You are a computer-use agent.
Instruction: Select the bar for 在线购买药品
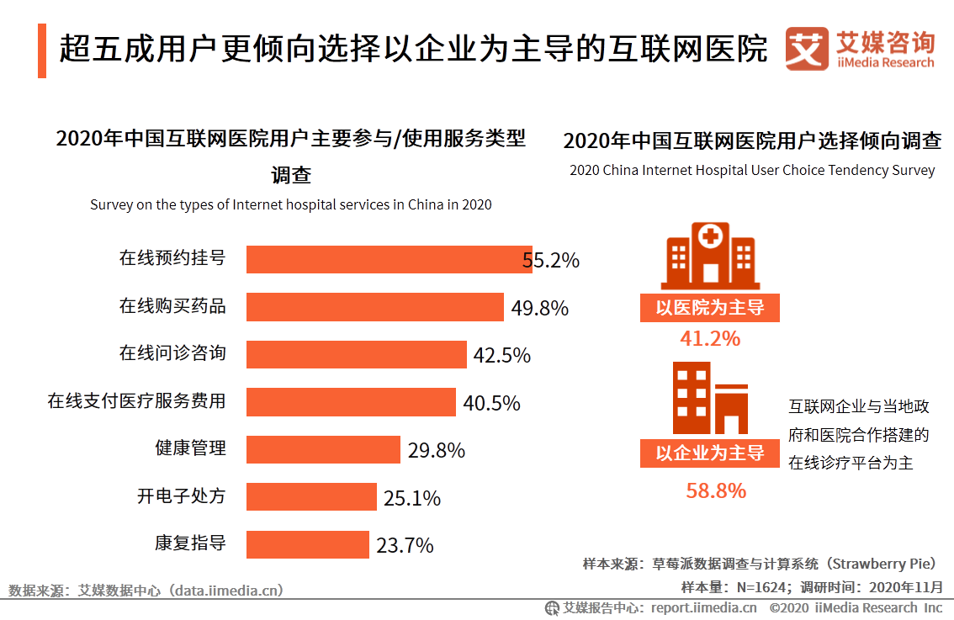[x=374, y=307]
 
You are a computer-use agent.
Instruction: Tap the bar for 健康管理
[x=323, y=449]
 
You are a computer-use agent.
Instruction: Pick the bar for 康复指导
[x=307, y=544]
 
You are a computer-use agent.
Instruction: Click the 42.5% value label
[x=501, y=355]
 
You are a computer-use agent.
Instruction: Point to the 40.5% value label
[x=491, y=403]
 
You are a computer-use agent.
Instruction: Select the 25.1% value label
[x=411, y=498]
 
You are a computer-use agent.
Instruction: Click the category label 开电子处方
[x=182, y=495]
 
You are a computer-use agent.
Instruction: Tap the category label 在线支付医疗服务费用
[x=136, y=400]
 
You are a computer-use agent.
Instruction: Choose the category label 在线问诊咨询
[x=172, y=352]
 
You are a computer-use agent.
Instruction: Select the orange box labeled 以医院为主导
[x=709, y=308]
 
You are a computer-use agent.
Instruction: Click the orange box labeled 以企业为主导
[x=709, y=453]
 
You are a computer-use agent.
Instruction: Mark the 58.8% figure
[x=715, y=490]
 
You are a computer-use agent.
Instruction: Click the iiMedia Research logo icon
[x=807, y=50]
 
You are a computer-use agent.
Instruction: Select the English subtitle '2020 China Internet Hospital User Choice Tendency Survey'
[x=751, y=170]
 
